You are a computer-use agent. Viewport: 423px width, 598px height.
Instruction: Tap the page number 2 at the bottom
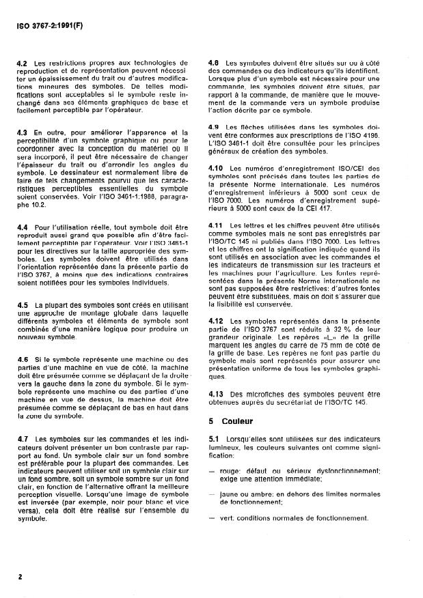[21, 576]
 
